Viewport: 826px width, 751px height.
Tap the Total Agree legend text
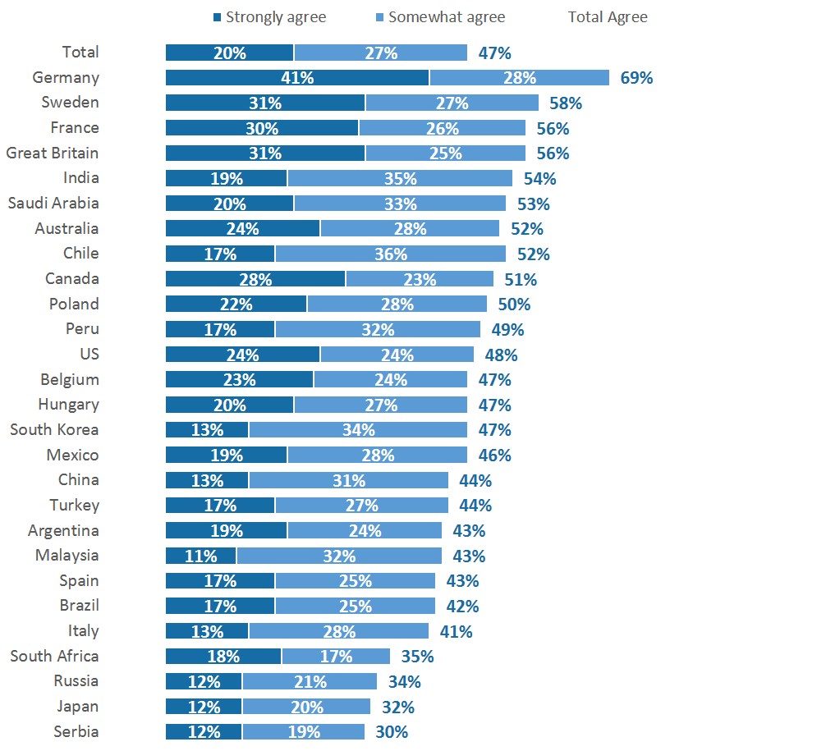point(608,16)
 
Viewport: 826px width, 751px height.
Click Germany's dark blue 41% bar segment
point(297,78)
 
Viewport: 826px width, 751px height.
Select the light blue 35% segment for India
point(400,178)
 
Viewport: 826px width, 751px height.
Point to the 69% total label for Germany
point(636,78)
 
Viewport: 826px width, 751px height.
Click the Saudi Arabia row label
point(53,203)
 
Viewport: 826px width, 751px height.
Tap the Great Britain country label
point(53,153)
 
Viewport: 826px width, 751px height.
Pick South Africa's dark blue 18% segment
point(223,656)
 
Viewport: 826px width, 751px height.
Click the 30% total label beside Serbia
point(391,732)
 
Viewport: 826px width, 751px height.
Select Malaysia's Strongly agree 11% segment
point(201,556)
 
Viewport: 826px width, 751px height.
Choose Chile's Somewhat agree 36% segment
point(390,254)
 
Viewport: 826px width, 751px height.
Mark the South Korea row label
point(54,429)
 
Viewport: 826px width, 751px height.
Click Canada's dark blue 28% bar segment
point(255,279)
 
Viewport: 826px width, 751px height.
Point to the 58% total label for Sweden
point(565,103)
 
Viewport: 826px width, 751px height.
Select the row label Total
point(80,52)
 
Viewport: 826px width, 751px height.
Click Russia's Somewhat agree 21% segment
point(310,681)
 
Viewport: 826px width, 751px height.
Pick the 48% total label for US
point(501,355)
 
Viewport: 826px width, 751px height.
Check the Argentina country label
point(63,530)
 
